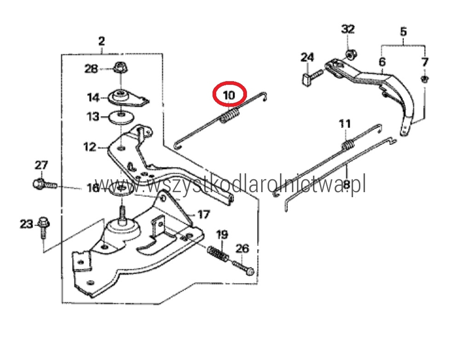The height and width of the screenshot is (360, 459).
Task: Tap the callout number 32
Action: [x=348, y=29]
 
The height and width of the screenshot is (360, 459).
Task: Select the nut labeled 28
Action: [x=119, y=67]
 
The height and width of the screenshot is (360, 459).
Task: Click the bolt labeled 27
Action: [x=45, y=184]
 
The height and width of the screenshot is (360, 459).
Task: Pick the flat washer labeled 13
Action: [x=121, y=117]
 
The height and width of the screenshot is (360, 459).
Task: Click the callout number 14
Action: [x=93, y=97]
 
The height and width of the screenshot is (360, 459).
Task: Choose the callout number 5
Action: [x=403, y=31]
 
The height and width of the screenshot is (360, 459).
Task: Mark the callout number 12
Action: [x=90, y=147]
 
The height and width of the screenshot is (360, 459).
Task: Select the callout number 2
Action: [x=101, y=41]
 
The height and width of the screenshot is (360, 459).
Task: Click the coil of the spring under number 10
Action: [x=230, y=115]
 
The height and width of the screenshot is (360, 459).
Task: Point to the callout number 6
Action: [x=382, y=62]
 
